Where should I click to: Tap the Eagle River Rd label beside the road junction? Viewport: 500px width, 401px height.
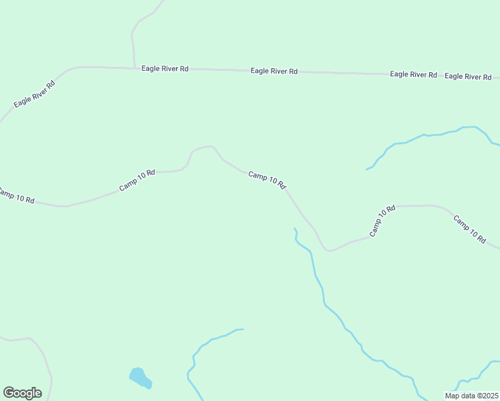point(164,69)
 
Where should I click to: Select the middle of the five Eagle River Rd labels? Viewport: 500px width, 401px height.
point(274,71)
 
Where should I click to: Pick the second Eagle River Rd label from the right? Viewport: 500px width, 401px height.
point(413,74)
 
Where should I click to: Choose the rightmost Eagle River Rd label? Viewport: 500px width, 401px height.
point(468,76)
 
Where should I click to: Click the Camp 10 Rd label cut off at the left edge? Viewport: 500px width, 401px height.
point(16,196)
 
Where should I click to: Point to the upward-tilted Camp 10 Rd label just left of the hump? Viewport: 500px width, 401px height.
point(137,180)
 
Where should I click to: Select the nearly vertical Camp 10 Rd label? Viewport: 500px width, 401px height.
point(382,221)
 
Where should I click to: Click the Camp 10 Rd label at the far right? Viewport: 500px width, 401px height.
point(469,229)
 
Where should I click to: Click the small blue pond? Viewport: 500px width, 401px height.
point(140,378)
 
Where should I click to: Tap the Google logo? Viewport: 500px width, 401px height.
point(22,393)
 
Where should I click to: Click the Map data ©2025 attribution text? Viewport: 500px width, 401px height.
point(471,396)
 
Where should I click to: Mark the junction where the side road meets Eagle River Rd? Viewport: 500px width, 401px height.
point(134,68)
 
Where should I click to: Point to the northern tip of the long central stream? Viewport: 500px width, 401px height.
point(294,229)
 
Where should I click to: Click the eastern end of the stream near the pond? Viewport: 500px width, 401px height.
point(242,329)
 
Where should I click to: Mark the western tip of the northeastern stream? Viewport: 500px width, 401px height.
point(366,169)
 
